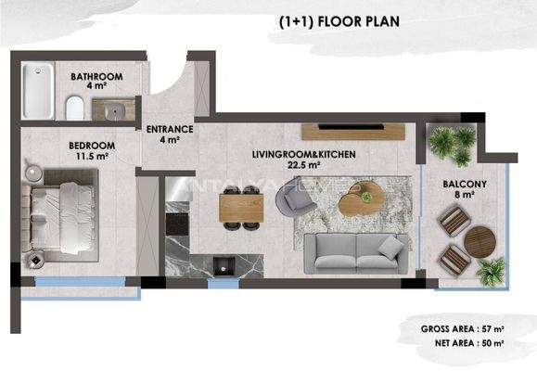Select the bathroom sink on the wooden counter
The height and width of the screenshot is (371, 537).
pyautogui.click(x=114, y=109)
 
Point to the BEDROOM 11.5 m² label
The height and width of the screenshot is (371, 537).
pyautogui.click(x=90, y=150)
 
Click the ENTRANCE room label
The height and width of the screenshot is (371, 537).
pyautogui.click(x=170, y=134)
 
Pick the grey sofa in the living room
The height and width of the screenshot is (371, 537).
pyautogui.click(x=357, y=249)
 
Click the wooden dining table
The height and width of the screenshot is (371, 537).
pyautogui.click(x=240, y=205)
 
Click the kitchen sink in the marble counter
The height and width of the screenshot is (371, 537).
pyautogui.click(x=221, y=265)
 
